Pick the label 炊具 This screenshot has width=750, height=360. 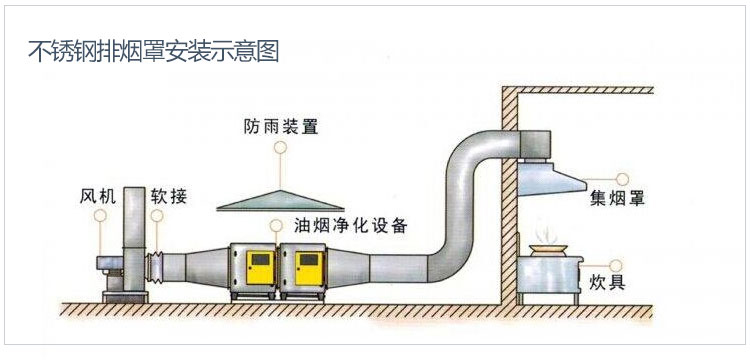608,281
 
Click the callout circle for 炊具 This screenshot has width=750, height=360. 621,258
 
